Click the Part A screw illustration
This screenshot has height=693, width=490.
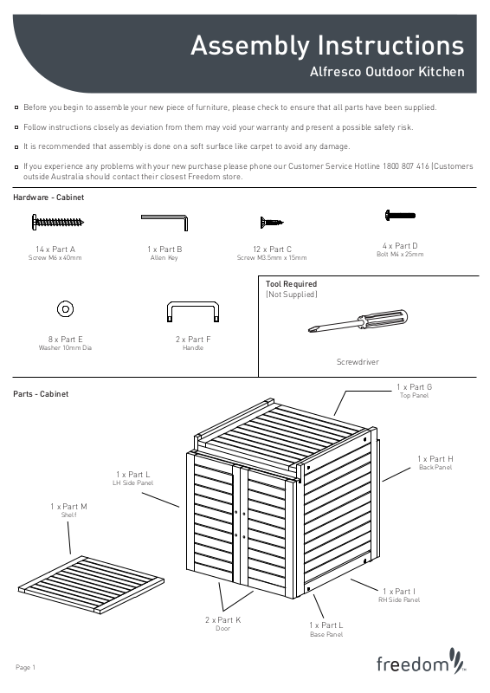click(57, 222)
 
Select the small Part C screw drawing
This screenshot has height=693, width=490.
click(271, 222)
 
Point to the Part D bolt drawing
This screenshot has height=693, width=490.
click(400, 216)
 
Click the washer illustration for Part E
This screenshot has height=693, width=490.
click(66, 308)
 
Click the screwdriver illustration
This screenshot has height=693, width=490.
click(358, 321)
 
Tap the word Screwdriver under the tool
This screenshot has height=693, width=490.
click(358, 361)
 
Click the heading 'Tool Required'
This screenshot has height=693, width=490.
click(291, 284)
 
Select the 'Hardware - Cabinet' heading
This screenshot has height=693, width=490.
click(48, 198)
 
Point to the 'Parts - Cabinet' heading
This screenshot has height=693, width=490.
click(41, 394)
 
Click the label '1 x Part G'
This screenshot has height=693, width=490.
click(414, 386)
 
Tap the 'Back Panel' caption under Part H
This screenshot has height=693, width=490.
click(435, 467)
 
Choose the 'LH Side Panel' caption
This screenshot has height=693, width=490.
click(132, 483)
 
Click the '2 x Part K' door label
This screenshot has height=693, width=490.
click(222, 620)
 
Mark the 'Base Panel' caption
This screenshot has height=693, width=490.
click(326, 634)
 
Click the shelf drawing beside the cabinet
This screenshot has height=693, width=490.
click(91, 584)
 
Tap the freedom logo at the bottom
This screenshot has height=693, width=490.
click(421, 662)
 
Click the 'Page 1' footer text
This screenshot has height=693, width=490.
click(26, 667)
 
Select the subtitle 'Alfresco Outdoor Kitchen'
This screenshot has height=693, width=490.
click(387, 72)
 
